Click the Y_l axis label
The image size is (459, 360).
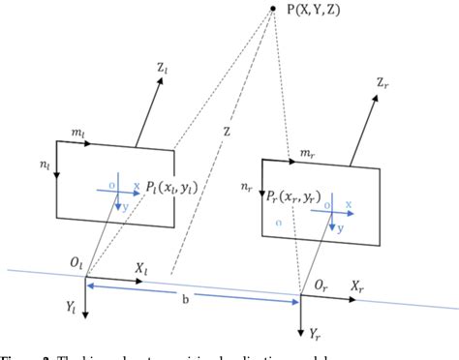[72, 309]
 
